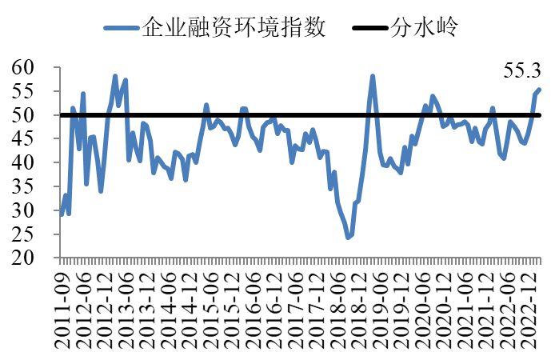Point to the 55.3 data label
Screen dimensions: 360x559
coord(521,70)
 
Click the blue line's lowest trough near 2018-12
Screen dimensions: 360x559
coord(348,238)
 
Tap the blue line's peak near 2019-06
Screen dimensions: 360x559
coord(373,77)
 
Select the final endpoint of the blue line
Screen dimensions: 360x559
coord(540,90)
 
